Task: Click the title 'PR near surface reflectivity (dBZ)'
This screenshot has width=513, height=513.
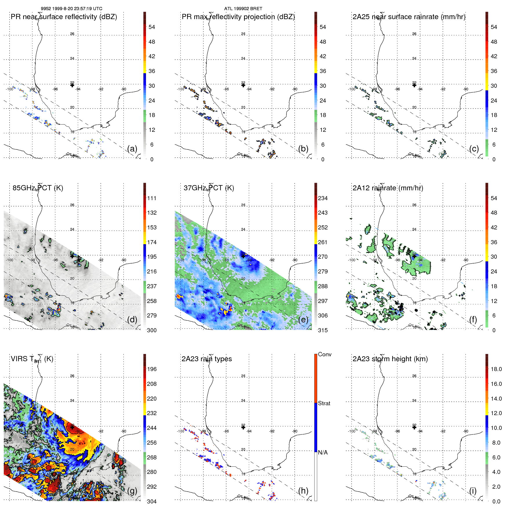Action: tap(64, 17)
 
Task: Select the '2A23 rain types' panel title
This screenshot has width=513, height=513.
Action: tap(207, 359)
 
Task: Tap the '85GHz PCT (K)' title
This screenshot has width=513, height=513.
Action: tap(38, 188)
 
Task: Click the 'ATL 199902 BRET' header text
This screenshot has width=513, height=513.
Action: tap(243, 9)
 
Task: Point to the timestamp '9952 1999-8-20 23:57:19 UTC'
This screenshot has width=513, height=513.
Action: tap(71, 9)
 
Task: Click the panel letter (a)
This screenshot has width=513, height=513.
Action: tap(132, 149)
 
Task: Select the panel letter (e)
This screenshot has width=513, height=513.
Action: tap(303, 320)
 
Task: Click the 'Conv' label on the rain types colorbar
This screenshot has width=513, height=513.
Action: tap(324, 354)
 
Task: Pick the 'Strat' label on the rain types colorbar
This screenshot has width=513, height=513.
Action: tap(324, 403)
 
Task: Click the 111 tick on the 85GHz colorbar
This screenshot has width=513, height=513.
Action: tap(152, 198)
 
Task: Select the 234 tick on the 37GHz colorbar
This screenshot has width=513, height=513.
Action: tap(323, 198)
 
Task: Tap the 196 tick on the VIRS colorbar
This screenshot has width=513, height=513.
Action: tap(152, 369)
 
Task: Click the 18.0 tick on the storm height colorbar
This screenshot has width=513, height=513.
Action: tap(496, 369)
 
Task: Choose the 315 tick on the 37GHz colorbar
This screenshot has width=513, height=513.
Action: tap(323, 330)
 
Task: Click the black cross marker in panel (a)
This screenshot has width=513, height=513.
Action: tap(72, 85)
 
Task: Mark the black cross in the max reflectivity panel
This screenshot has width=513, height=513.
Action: tap(243, 85)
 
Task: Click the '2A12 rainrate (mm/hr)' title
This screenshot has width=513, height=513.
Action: tap(388, 188)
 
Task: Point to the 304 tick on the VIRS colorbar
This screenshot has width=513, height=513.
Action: tap(152, 501)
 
